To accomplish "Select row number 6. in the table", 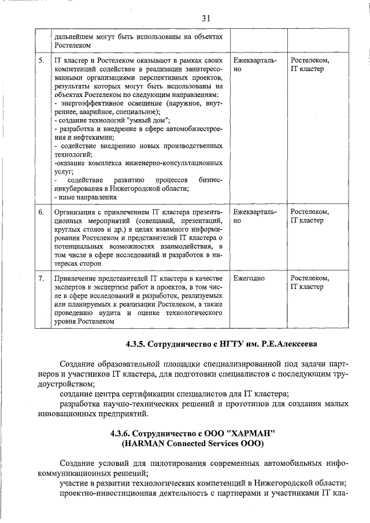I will coord(41,212).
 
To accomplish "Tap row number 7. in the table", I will coord(41,279).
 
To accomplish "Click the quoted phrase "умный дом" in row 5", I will coord(147,120).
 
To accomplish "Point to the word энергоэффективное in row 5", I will coord(91,103).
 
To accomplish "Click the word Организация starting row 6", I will coord(75,212).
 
